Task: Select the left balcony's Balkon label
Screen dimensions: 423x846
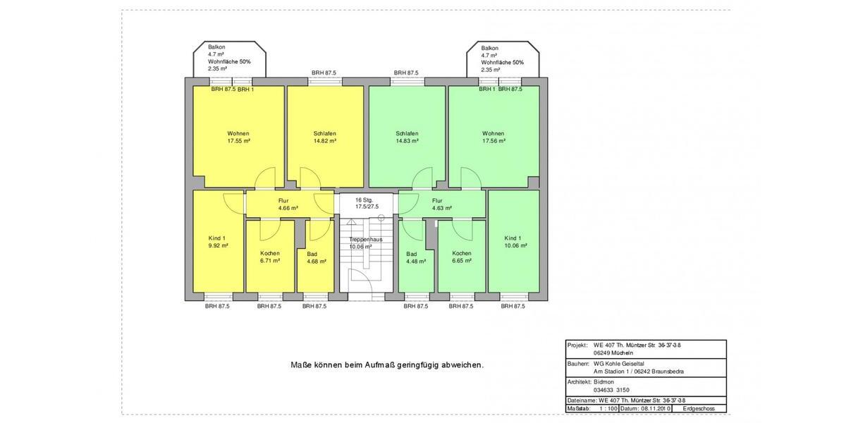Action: tap(216, 47)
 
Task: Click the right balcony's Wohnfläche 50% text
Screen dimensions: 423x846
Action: tap(502, 62)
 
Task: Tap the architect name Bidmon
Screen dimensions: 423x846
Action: tap(604, 381)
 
